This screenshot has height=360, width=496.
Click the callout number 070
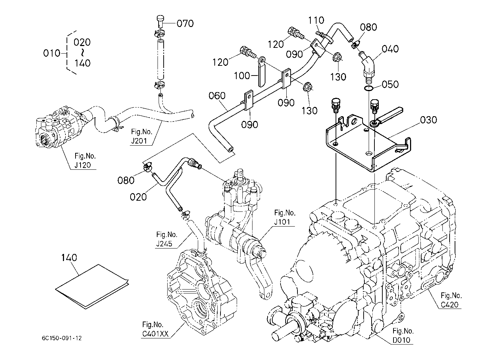(x=185, y=24)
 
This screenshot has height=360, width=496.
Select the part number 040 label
(x=390, y=49)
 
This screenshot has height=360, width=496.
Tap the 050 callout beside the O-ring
(x=390, y=84)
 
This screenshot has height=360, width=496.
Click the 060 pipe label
(x=217, y=96)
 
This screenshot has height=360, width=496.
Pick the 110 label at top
(x=316, y=20)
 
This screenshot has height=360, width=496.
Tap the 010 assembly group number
(x=51, y=53)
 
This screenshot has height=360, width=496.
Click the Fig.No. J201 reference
(x=140, y=137)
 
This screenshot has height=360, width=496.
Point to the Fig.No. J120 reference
(x=85, y=161)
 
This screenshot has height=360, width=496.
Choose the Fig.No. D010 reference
(x=403, y=335)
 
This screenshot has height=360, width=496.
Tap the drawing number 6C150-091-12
(x=61, y=338)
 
